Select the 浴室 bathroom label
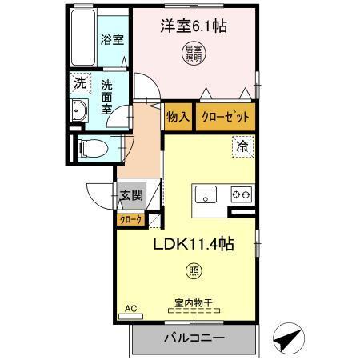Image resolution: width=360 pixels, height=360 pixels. [112, 39]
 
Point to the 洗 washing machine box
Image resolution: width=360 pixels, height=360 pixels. [79, 82]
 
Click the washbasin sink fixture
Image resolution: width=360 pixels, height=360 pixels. [79, 112]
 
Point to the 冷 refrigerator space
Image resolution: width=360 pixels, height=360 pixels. [241, 146]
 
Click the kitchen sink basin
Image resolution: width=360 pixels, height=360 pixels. [206, 194]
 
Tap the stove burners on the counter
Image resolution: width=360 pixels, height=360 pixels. [241, 194]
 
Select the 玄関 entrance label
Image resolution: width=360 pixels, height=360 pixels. [131, 194]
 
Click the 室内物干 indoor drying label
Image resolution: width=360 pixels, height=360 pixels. [194, 302]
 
